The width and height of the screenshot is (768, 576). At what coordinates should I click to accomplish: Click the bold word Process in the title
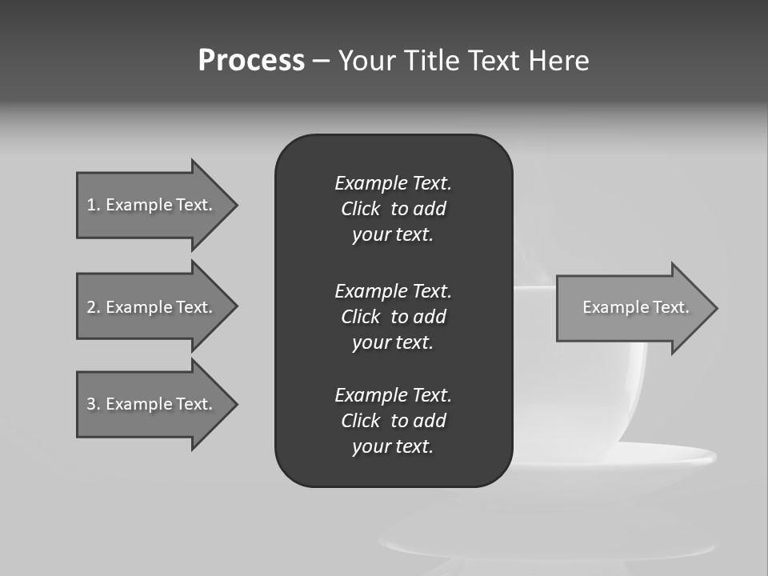pyautogui.click(x=251, y=61)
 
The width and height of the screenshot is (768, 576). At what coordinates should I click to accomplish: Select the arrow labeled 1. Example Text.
pyautogui.click(x=152, y=205)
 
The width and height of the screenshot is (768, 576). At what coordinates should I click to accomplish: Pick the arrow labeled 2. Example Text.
pyautogui.click(x=152, y=307)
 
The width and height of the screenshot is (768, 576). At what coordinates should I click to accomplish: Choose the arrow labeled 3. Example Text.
pyautogui.click(x=152, y=404)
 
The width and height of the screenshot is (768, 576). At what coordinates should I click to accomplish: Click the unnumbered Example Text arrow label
pyautogui.click(x=635, y=307)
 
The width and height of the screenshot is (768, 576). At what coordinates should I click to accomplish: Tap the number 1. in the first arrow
pyautogui.click(x=93, y=205)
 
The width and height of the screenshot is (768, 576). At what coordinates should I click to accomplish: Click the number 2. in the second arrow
pyautogui.click(x=93, y=307)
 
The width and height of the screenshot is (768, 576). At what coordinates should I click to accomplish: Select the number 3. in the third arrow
pyautogui.click(x=93, y=404)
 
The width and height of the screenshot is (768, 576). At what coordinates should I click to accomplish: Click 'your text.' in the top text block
pyautogui.click(x=393, y=235)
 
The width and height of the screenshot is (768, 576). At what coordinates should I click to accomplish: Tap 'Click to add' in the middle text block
pyautogui.click(x=393, y=317)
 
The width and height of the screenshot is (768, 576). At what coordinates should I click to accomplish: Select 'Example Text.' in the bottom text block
pyautogui.click(x=393, y=395)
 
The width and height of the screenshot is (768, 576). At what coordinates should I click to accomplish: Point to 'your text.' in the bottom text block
pyautogui.click(x=393, y=447)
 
